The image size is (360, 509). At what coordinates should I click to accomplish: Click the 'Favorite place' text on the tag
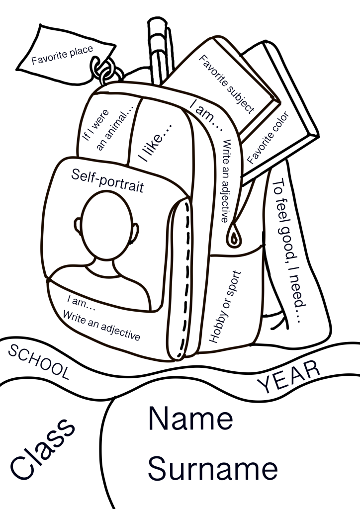pyautogui.click(x=62, y=55)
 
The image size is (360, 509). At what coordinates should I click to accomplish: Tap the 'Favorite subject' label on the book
pyautogui.click(x=226, y=85)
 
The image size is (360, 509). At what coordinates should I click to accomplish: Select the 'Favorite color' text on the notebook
pyautogui.click(x=268, y=138)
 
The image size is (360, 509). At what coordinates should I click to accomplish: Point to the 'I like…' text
pyautogui.click(x=155, y=143)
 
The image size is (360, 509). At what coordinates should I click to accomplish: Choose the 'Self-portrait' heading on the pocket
pyautogui.click(x=107, y=180)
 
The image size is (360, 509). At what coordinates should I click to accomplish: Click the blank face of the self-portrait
pyautogui.click(x=107, y=225)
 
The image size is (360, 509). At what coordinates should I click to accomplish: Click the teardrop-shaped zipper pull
pyautogui.click(x=234, y=235)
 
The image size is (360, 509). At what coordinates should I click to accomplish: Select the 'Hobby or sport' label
pyautogui.click(x=225, y=307)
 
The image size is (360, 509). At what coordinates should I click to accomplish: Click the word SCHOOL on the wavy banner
pyautogui.click(x=39, y=362)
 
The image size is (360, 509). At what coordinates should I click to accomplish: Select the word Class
pyautogui.click(x=42, y=449)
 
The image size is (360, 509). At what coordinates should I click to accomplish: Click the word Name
pyautogui.click(x=190, y=418)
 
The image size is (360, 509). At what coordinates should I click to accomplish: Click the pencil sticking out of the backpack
pyautogui.click(x=158, y=50)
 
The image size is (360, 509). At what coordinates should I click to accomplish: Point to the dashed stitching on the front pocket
pyautogui.click(x=185, y=279)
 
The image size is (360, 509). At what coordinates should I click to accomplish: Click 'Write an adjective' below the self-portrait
pyautogui.click(x=101, y=325)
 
